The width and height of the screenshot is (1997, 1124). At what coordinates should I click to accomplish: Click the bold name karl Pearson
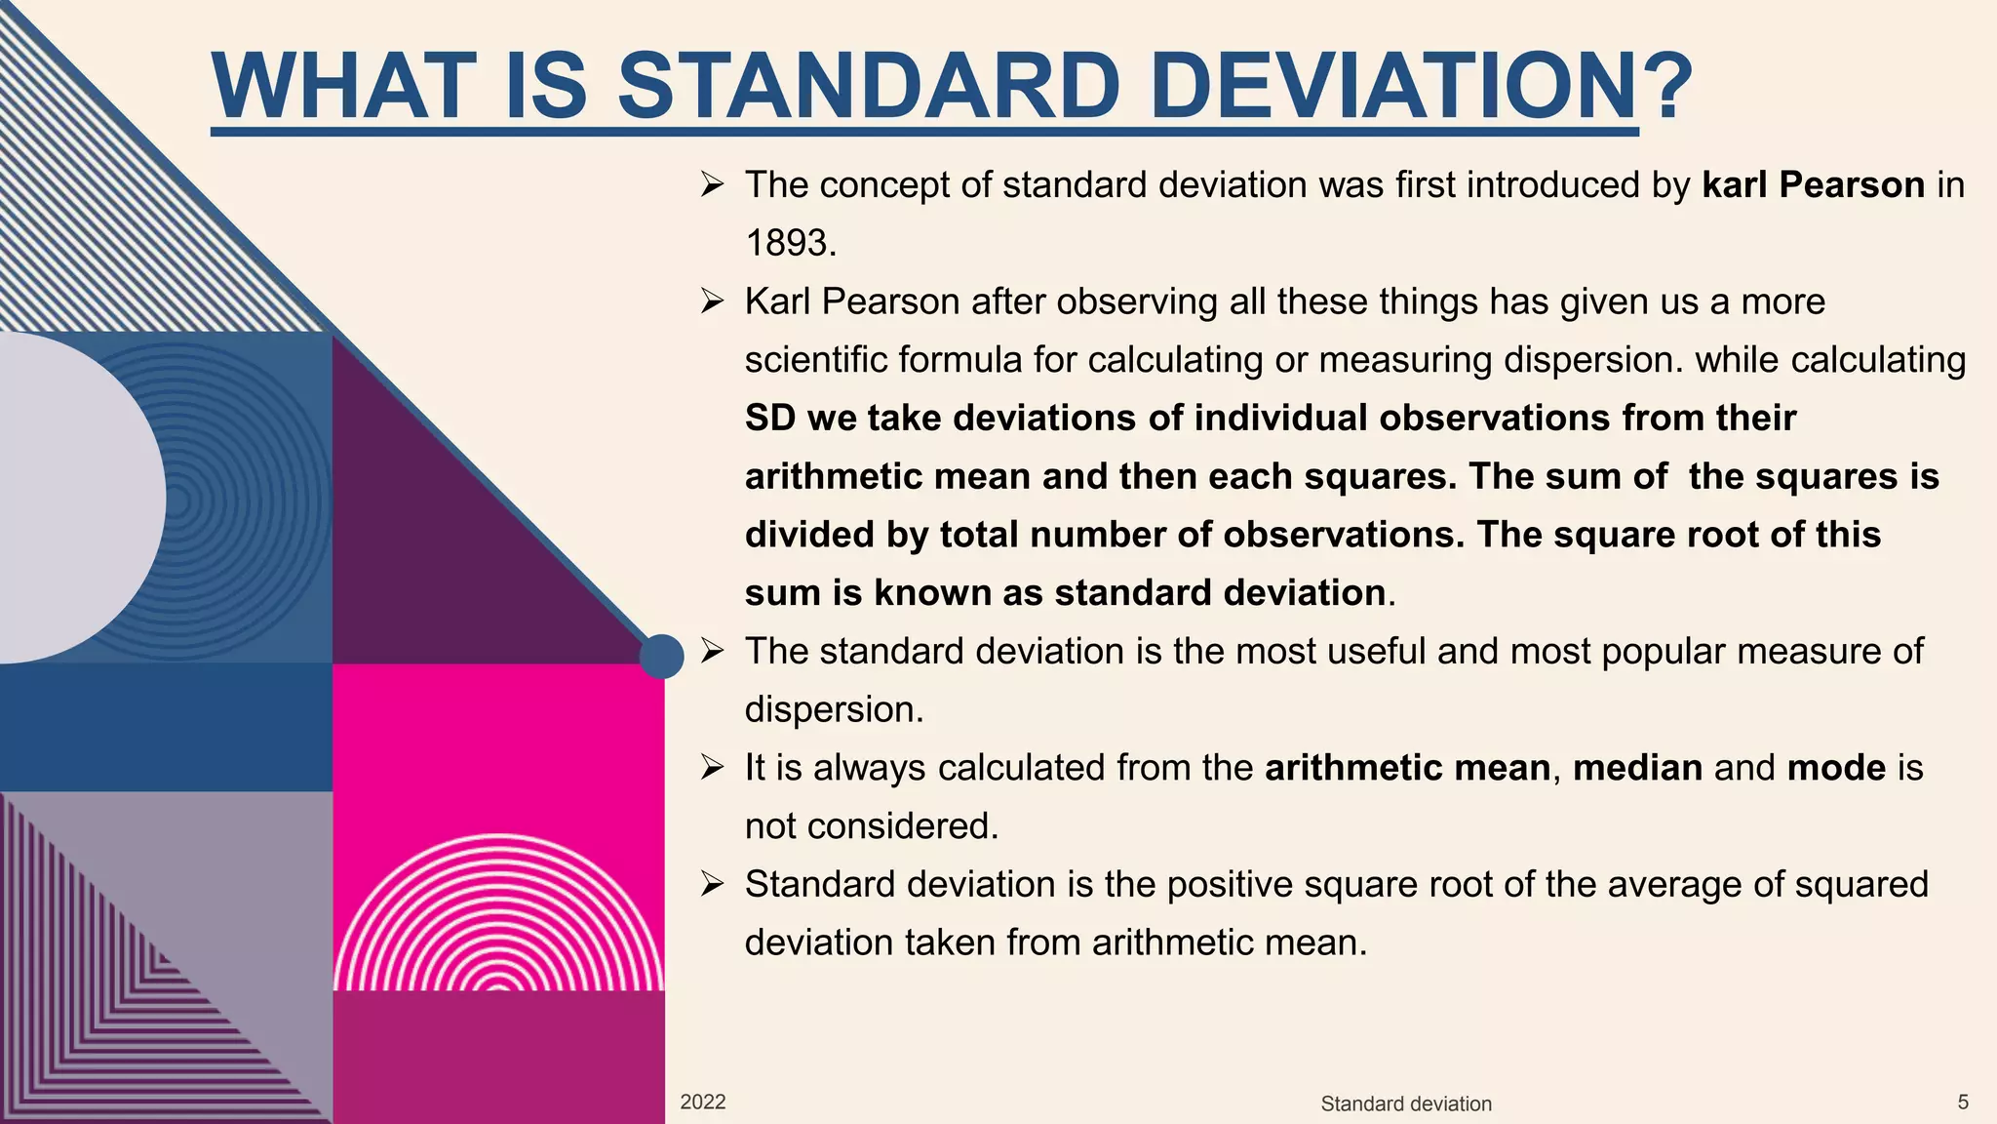pyautogui.click(x=1813, y=185)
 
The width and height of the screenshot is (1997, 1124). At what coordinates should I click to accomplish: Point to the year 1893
pyautogui.click(x=790, y=243)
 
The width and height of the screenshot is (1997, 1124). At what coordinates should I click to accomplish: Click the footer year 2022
pyautogui.click(x=702, y=1103)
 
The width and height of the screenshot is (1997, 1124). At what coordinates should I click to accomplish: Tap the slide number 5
pyautogui.click(x=1963, y=1103)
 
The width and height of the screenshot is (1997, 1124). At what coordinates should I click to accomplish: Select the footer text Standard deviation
pyautogui.click(x=1405, y=1104)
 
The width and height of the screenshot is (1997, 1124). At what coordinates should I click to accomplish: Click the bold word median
pyautogui.click(x=1637, y=768)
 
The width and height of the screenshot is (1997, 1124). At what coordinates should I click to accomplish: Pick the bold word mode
pyautogui.click(x=1836, y=768)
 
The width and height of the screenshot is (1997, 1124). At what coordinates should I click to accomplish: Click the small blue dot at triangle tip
pyautogui.click(x=662, y=656)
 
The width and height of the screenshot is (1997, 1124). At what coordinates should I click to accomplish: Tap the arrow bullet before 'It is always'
pyautogui.click(x=712, y=768)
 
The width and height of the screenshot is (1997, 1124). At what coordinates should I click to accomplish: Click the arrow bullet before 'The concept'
pyautogui.click(x=712, y=185)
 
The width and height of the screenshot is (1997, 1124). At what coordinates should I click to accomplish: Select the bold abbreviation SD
pyautogui.click(x=770, y=419)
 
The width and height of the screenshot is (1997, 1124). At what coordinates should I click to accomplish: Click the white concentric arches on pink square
pyautogui.click(x=498, y=917)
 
